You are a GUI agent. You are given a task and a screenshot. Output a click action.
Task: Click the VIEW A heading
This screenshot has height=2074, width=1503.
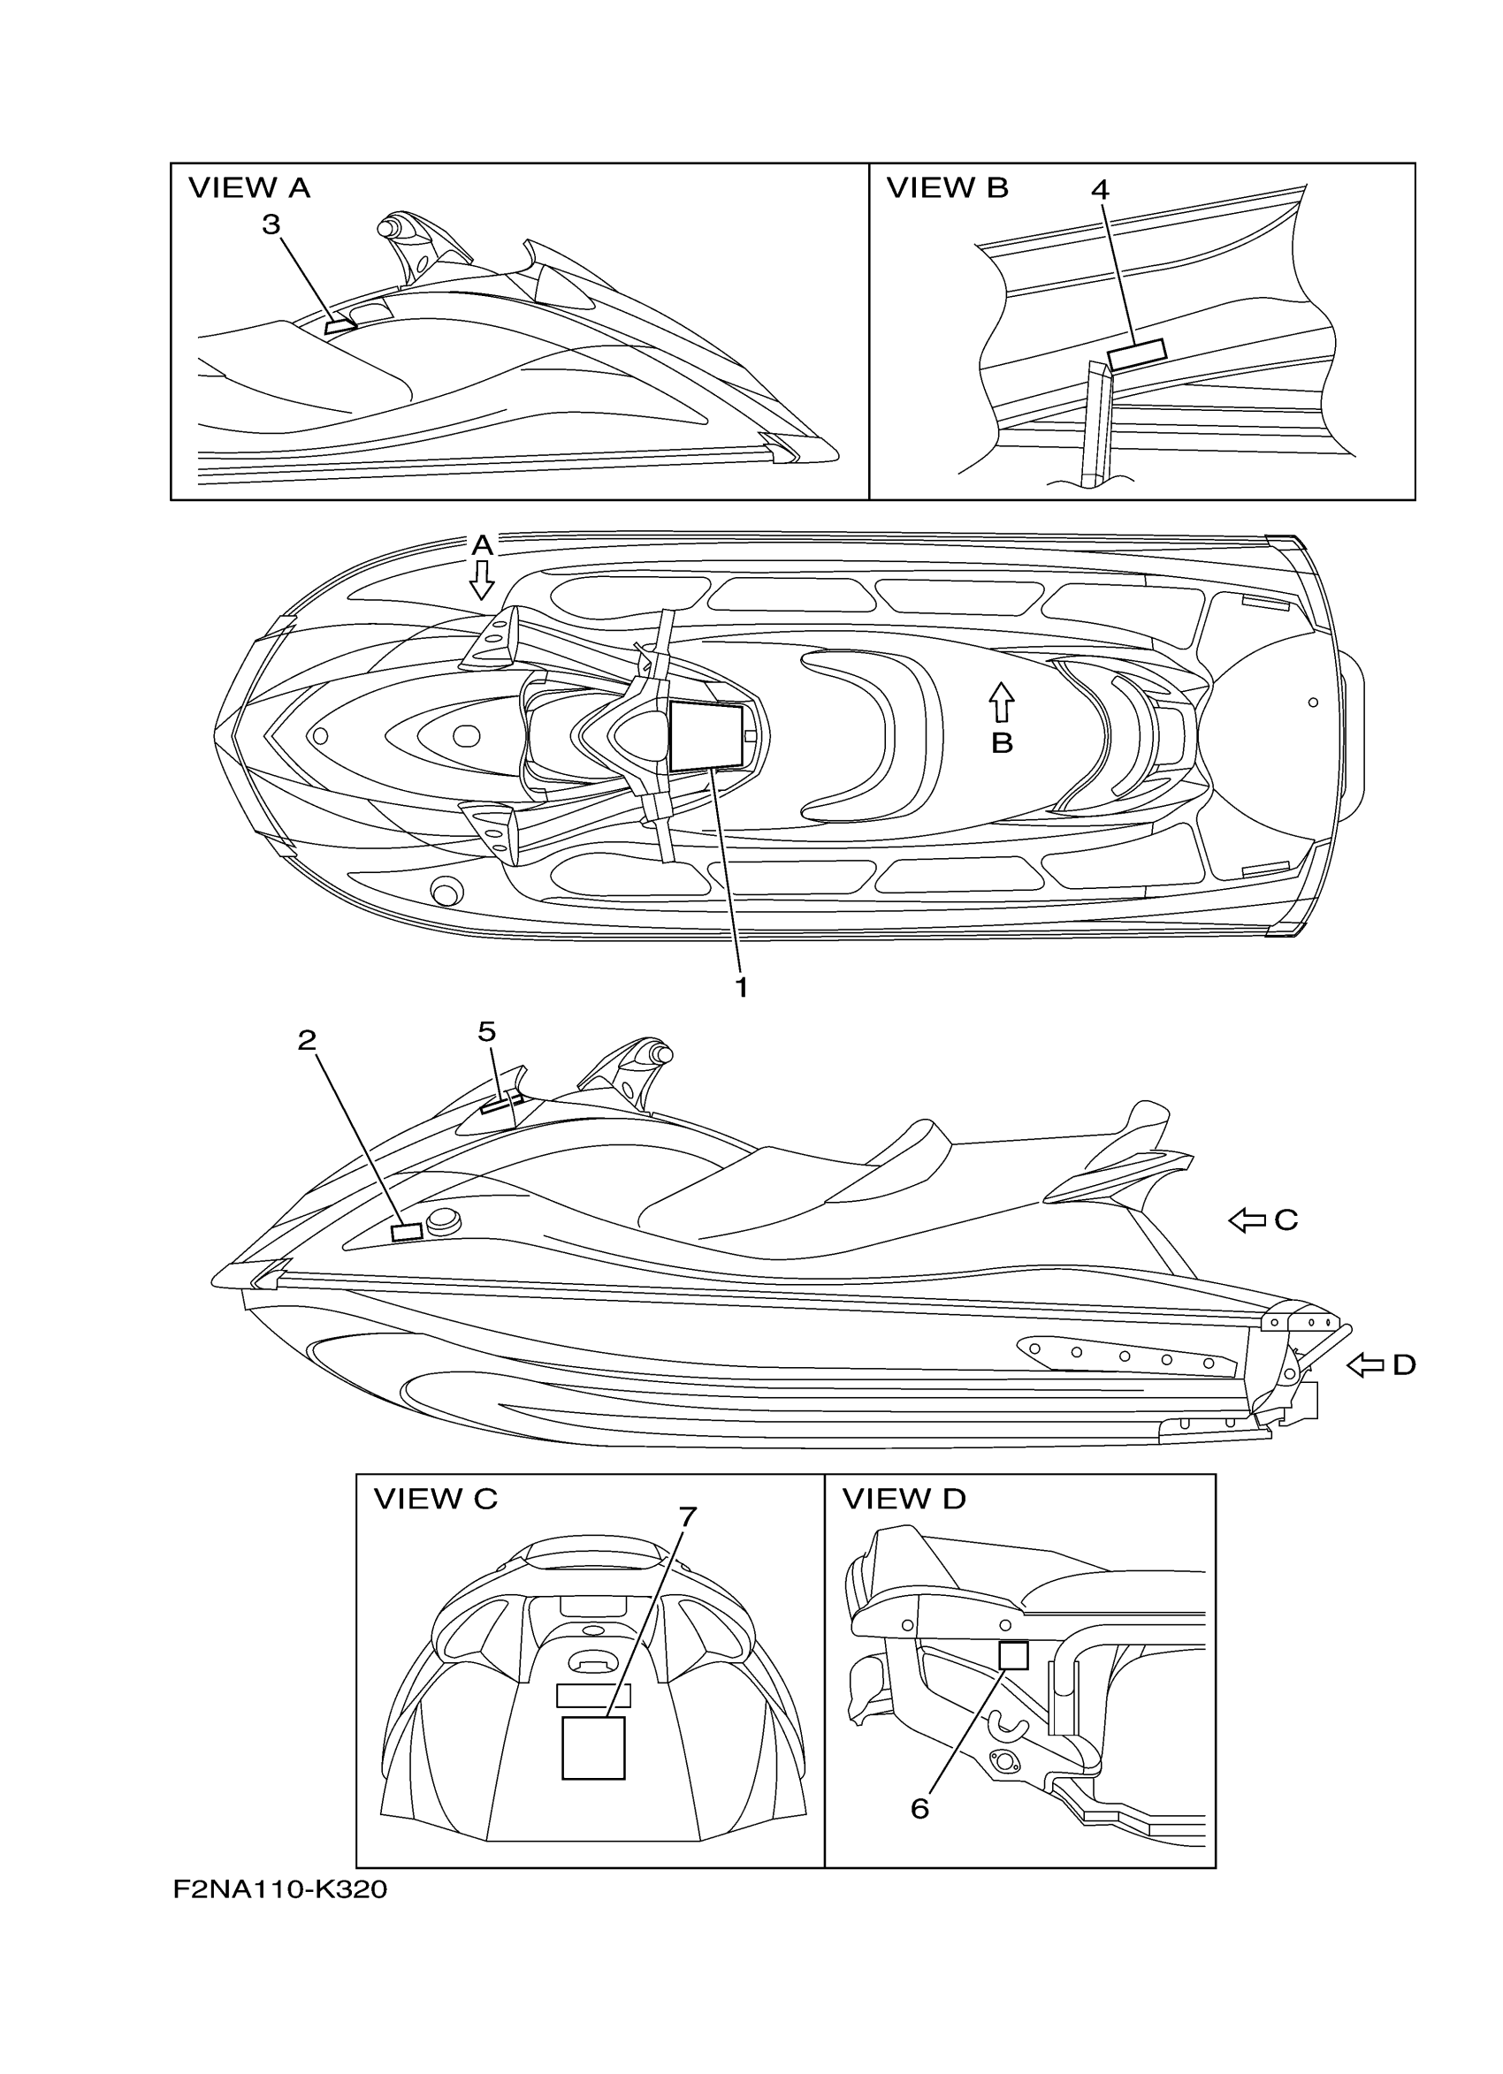(x=248, y=188)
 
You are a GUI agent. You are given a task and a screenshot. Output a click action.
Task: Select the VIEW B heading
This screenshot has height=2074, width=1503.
(x=947, y=187)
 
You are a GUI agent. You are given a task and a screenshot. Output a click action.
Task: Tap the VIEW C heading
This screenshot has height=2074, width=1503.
(x=436, y=1499)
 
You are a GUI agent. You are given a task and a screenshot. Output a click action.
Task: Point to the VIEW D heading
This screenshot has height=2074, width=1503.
(x=903, y=1499)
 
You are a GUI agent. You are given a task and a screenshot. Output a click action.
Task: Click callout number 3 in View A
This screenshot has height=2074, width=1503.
(x=271, y=225)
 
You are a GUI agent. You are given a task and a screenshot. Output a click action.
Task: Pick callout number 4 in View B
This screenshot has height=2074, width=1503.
(x=1100, y=189)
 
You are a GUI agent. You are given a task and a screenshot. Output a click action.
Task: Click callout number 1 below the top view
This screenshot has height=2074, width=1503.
(x=742, y=987)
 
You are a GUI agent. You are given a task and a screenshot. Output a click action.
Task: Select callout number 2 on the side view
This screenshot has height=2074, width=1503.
(x=307, y=1040)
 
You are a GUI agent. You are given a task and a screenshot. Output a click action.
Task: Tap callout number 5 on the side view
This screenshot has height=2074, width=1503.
(x=486, y=1031)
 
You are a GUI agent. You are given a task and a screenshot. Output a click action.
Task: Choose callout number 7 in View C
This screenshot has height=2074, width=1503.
(x=688, y=1517)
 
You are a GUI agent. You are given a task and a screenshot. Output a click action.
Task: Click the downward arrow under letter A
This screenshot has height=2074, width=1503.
(x=482, y=580)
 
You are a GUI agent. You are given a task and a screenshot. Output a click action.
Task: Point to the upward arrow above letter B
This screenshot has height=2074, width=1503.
(x=1003, y=703)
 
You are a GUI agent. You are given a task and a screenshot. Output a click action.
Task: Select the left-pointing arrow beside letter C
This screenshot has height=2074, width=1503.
(x=1246, y=1219)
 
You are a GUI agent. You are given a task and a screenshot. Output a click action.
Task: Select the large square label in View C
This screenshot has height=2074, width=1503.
(x=592, y=1748)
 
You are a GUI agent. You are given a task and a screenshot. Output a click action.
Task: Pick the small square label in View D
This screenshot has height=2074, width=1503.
(x=1013, y=1655)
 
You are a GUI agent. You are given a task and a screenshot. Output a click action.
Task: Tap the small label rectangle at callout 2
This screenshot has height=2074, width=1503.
(x=406, y=1232)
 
